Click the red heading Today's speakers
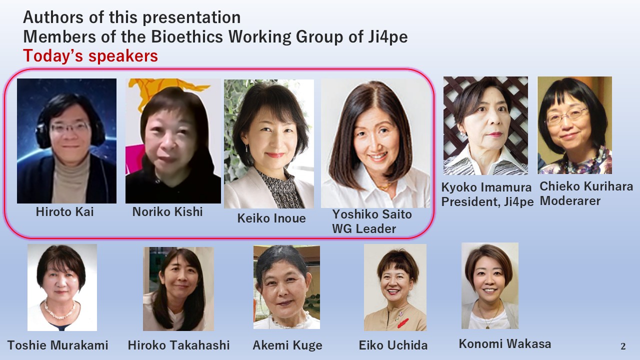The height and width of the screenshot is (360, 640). coord(90,55)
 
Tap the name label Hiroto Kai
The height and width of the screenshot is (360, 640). coord(65,211)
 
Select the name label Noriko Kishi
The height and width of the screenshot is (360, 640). coord(167,211)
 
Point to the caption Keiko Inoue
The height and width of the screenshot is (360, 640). coord(271,218)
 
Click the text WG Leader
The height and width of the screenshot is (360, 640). coord(363,229)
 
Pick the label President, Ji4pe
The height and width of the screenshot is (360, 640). coord(487,201)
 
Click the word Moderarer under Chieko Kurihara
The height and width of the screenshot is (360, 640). coord(570,201)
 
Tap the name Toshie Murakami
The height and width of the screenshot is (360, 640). coord(57,345)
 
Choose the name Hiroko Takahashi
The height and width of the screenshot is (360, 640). coord(178,345)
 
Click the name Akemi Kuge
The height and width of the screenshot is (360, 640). coord(287,345)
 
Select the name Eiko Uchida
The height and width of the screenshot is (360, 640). coord(393,345)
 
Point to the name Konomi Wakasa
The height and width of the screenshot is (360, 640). coord(505,343)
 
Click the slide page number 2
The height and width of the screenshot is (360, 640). coord(623,346)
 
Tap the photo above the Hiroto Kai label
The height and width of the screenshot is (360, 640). coord(66,141)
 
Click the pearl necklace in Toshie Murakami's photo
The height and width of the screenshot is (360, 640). coord(60,310)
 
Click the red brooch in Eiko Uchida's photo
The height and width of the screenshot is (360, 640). coord(403,323)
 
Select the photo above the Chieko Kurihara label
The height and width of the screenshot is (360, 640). coord(574,125)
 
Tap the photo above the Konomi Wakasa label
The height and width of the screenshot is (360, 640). coord(489,285)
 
